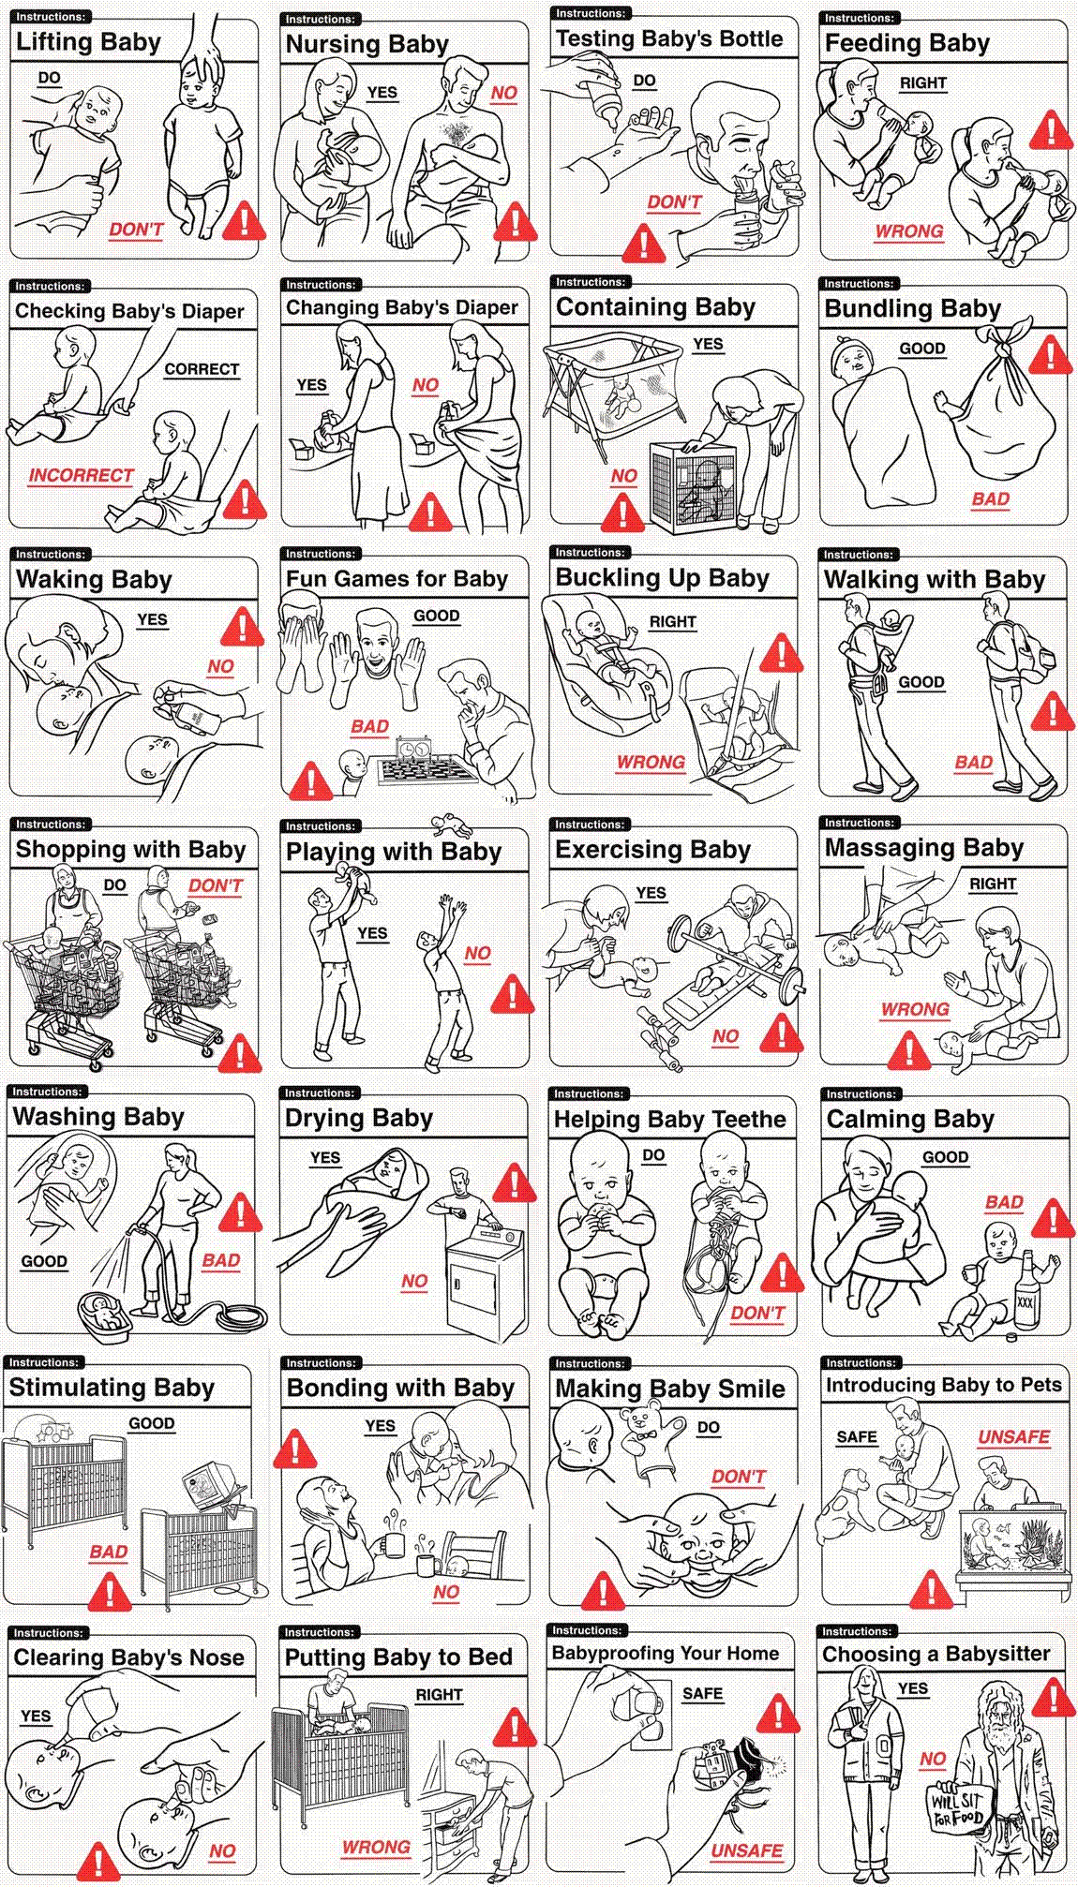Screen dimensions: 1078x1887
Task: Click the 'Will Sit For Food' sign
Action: tap(957, 1808)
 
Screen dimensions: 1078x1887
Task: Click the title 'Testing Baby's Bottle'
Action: tap(669, 38)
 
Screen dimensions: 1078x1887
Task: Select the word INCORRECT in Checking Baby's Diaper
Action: tap(81, 475)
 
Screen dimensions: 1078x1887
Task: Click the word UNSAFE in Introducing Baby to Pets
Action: tap(1013, 1437)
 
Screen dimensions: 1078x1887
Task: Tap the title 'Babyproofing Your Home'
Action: tap(666, 1654)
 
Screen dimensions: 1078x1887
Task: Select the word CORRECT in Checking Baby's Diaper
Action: tap(202, 369)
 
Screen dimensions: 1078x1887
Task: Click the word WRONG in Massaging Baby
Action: tap(915, 1009)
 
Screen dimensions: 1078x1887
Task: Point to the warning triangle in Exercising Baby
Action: tap(781, 1032)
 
